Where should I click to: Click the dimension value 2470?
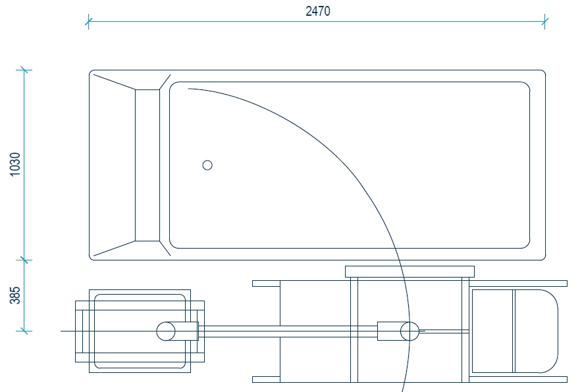(x=318, y=11)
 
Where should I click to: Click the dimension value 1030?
(x=15, y=164)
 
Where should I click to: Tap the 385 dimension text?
(x=15, y=295)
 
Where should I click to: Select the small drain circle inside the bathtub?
(x=207, y=165)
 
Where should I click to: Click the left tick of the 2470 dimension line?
(x=88, y=22)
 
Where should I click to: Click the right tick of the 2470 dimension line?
(x=544, y=22)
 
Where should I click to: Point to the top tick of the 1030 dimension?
(x=24, y=70)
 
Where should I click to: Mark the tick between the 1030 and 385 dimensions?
(x=24, y=260)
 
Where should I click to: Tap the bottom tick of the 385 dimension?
(x=24, y=330)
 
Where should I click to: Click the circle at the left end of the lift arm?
(x=166, y=331)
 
